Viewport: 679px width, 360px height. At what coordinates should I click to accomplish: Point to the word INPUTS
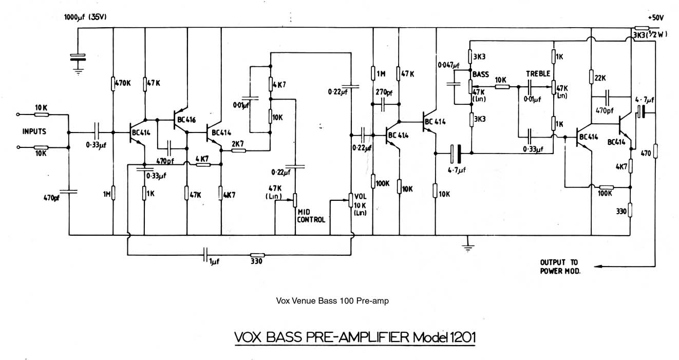(x=34, y=131)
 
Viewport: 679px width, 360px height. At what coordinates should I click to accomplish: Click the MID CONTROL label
(x=311, y=216)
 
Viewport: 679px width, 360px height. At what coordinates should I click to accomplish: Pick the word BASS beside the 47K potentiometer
(x=480, y=74)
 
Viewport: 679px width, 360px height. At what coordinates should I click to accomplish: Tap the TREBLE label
(x=538, y=74)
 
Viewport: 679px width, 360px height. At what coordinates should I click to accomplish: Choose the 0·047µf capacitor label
(x=448, y=65)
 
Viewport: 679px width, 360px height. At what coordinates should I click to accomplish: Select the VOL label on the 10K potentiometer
(x=360, y=195)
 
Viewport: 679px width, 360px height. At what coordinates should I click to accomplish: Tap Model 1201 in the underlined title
(x=443, y=338)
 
